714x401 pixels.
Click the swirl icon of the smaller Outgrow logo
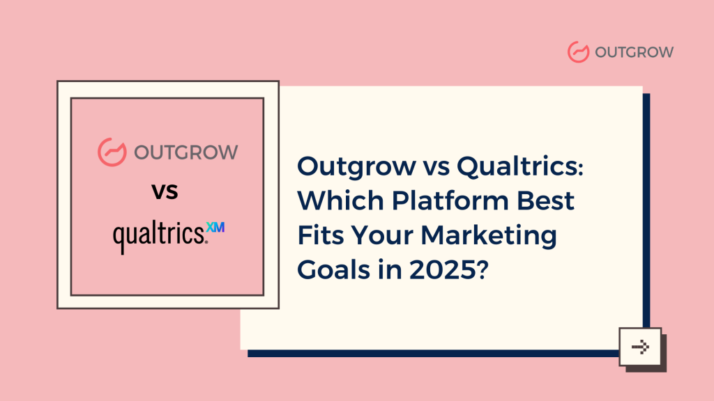(x=579, y=52)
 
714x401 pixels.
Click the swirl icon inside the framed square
(x=110, y=151)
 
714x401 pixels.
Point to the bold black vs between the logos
(x=165, y=191)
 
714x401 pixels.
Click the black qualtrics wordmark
(x=160, y=237)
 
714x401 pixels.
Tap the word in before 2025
(x=386, y=269)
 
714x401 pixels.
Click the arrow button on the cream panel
(x=639, y=346)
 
